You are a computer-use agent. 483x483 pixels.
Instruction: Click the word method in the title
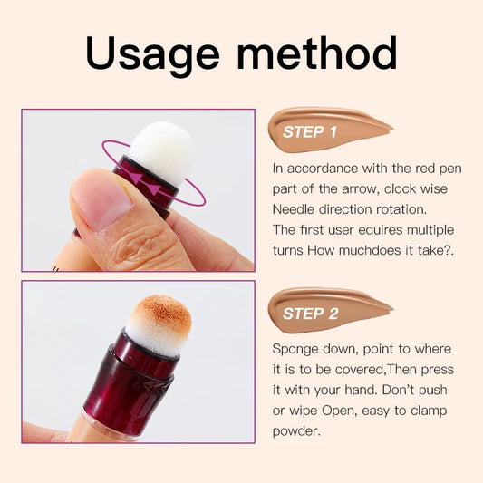click(x=318, y=53)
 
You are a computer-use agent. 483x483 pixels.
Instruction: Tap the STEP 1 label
click(x=309, y=132)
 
